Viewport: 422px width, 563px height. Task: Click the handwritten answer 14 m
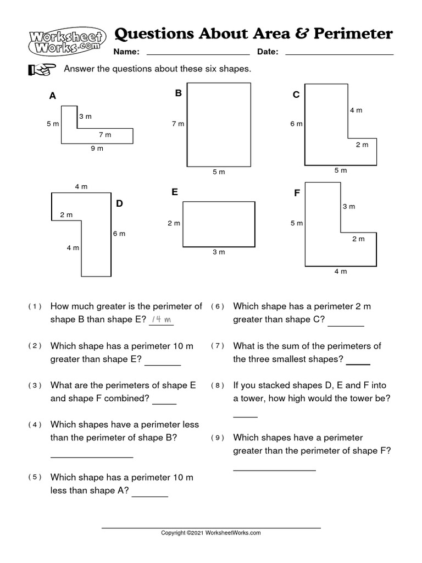(x=161, y=319)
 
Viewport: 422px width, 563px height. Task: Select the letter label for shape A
(x=53, y=96)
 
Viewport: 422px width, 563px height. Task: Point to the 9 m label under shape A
(x=97, y=148)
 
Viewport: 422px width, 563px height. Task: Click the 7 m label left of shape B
(x=177, y=124)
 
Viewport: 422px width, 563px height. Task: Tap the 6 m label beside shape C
(x=296, y=124)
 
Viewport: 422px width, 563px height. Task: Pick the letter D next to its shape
(x=119, y=203)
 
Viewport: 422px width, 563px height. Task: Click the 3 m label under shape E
(x=219, y=252)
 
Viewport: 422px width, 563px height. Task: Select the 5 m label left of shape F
(x=296, y=223)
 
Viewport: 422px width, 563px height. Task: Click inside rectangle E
(x=219, y=224)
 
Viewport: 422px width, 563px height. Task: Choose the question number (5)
(x=35, y=477)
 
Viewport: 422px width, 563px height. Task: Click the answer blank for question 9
(x=274, y=469)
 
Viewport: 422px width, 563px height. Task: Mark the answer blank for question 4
(x=92, y=456)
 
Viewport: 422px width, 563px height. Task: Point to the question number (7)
(x=218, y=346)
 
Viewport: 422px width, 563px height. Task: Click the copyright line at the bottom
(x=210, y=533)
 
